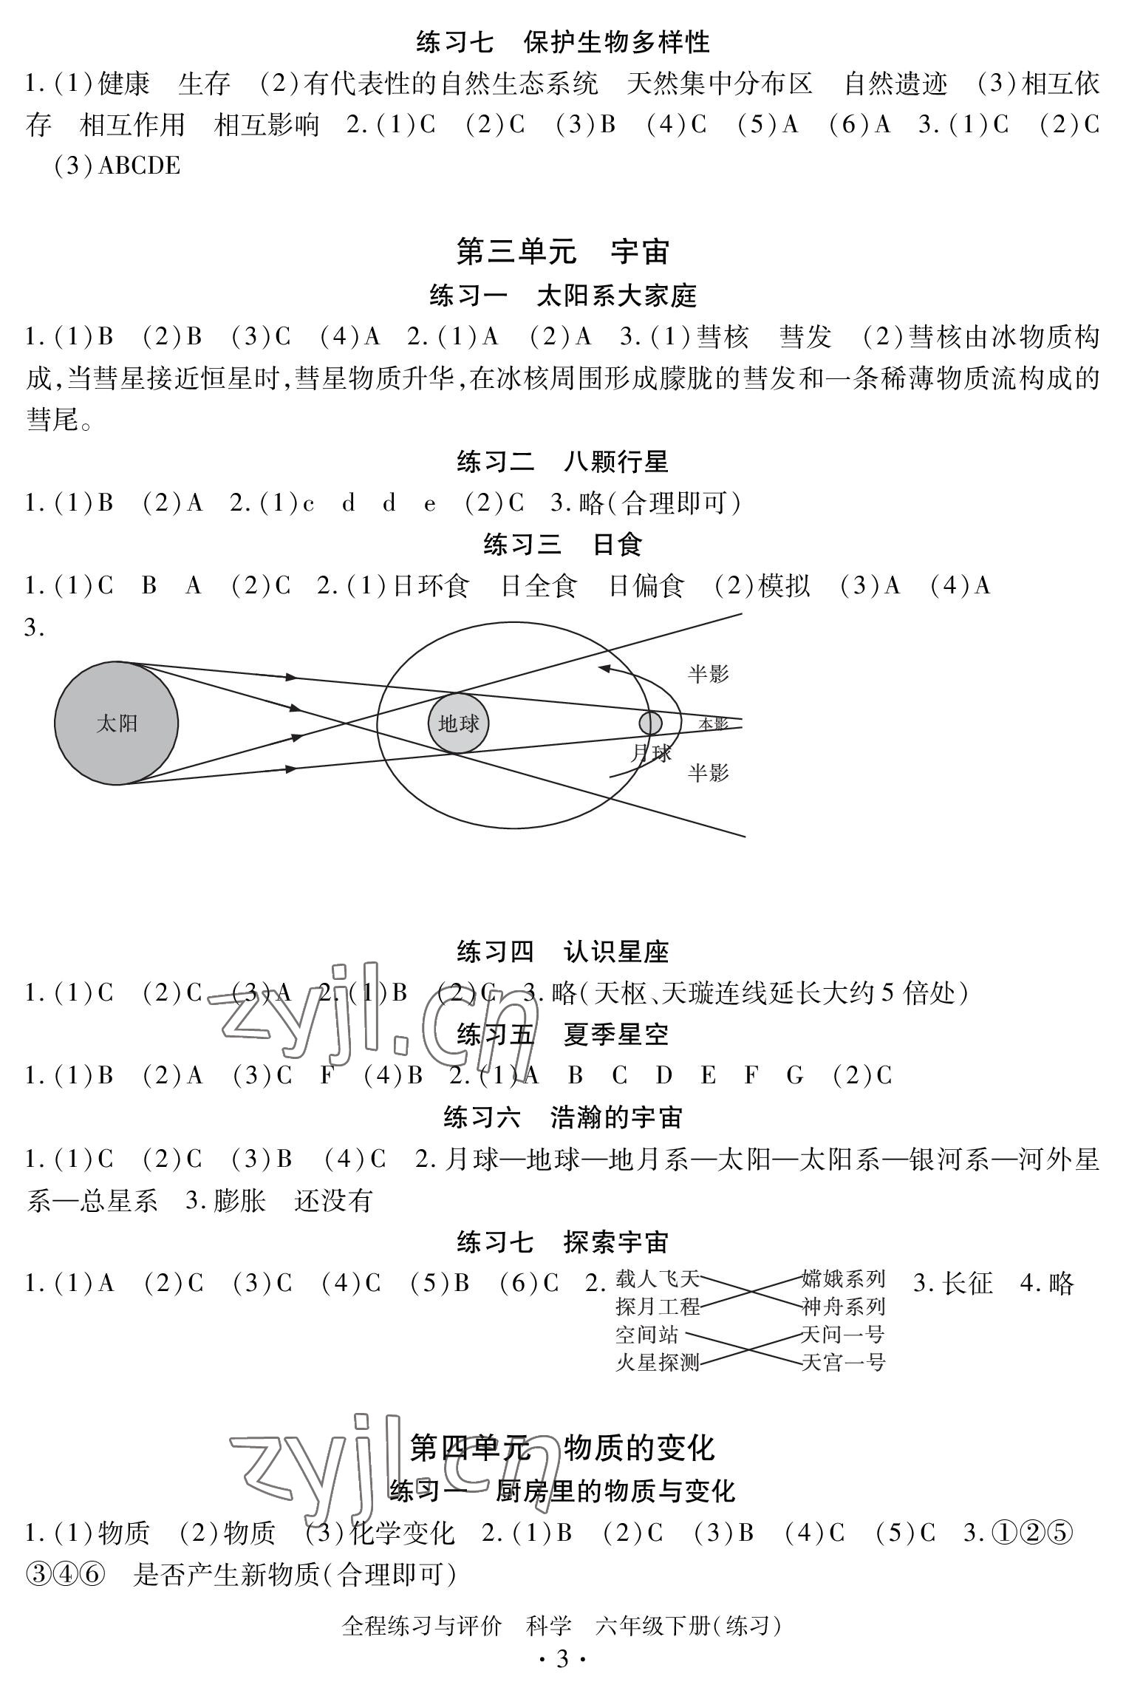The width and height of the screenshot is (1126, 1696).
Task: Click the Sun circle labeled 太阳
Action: (116, 723)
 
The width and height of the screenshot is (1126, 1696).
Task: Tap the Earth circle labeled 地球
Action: (458, 723)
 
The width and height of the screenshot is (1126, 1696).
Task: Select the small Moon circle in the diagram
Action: (650, 723)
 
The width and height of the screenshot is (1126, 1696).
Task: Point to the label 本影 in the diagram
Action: (714, 724)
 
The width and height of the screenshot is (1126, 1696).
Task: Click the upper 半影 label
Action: (708, 674)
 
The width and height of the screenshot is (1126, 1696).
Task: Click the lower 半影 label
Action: (708, 773)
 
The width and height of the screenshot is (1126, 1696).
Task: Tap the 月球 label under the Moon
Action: (652, 754)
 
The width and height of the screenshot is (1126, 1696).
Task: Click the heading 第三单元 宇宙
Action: (563, 252)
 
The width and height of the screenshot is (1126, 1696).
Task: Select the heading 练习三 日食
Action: (563, 545)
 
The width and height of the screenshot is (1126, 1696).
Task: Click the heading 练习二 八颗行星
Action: (563, 463)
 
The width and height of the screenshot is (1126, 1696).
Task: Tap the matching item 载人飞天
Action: (657, 1278)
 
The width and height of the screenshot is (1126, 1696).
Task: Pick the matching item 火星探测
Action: (657, 1362)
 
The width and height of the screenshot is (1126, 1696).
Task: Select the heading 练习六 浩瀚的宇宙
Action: (563, 1118)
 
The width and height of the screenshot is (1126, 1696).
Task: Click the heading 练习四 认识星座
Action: (563, 952)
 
